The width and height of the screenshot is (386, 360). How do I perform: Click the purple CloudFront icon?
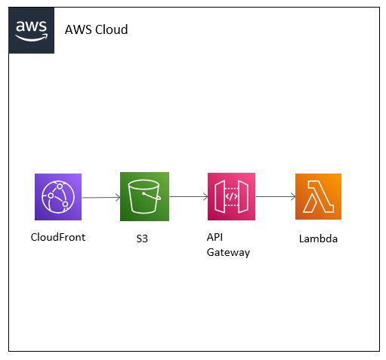[x=57, y=197]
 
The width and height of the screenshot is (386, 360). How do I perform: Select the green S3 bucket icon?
[x=144, y=197]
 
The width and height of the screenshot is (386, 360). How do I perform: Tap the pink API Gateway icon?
[x=231, y=197]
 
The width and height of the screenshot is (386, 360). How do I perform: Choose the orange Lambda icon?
[x=317, y=197]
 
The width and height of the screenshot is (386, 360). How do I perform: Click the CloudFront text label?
[x=57, y=237]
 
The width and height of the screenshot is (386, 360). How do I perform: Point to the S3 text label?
[x=142, y=238]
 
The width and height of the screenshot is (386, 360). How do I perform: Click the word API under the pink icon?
[x=215, y=238]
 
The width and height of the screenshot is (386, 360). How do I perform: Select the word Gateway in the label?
[x=228, y=252]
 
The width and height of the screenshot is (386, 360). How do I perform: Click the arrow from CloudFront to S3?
[x=100, y=198]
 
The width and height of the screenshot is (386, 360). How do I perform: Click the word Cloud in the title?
[x=111, y=30]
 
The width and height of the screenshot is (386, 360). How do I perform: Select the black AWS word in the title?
[x=78, y=30]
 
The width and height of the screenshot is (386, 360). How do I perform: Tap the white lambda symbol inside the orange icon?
[x=317, y=197]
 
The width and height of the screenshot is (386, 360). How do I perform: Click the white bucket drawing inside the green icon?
[x=144, y=198]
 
